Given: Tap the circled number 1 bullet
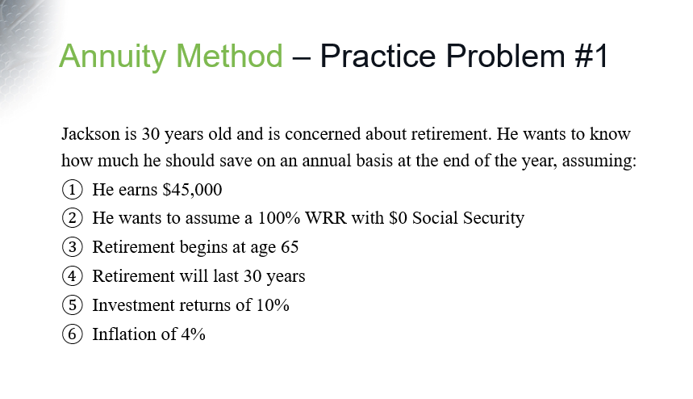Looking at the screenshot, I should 72,191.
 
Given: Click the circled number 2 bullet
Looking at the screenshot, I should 72,219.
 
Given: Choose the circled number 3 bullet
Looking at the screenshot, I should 72,248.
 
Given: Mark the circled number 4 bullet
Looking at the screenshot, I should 72,277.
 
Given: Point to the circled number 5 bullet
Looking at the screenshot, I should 72,306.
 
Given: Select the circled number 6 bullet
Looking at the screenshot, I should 72,334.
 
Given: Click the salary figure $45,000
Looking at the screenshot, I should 192,191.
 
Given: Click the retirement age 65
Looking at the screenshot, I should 290,248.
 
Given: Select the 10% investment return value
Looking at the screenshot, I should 273,306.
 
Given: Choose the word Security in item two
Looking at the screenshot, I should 495,219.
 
